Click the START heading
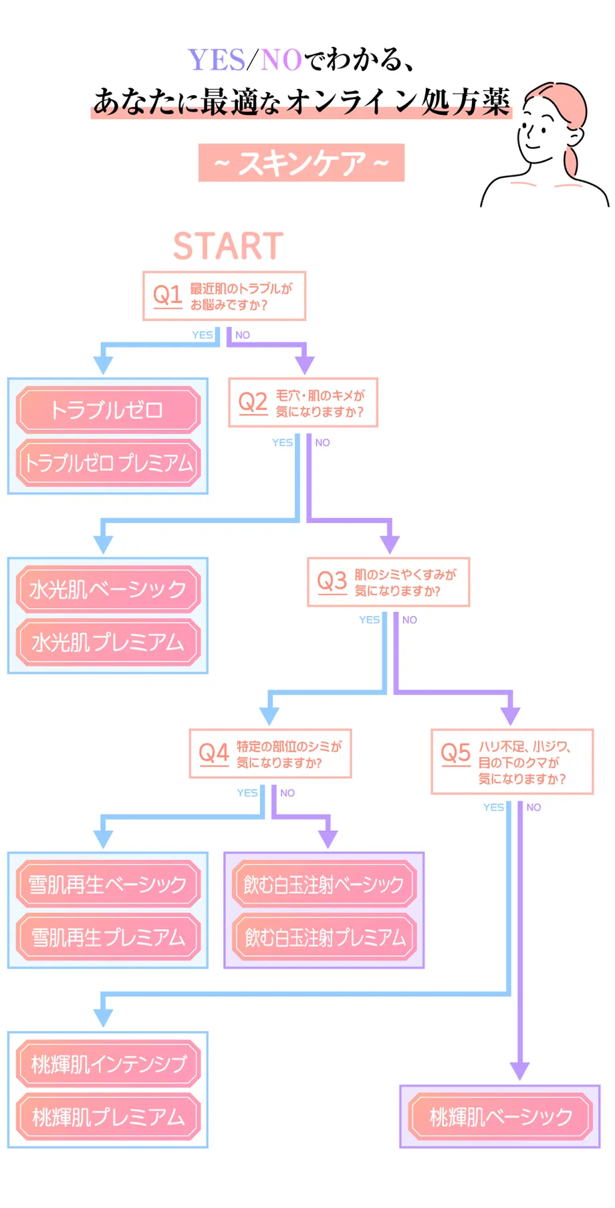pyautogui.click(x=228, y=246)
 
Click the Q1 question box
pyautogui.click(x=224, y=296)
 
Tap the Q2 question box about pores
pyautogui.click(x=303, y=403)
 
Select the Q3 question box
pyautogui.click(x=388, y=582)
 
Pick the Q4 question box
pyautogui.click(x=270, y=754)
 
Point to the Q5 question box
pyautogui.click(x=512, y=762)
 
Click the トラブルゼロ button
pyautogui.click(x=108, y=409)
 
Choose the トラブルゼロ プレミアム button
pyautogui.click(x=108, y=463)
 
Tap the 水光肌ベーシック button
pyautogui.click(x=108, y=589)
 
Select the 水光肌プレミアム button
pyautogui.click(x=108, y=642)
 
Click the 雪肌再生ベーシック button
pyautogui.click(x=108, y=884)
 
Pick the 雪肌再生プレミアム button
pyautogui.click(x=108, y=937)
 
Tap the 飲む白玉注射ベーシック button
pyautogui.click(x=324, y=884)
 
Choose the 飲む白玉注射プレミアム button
pyautogui.click(x=324, y=937)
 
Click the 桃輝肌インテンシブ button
pyautogui.click(x=108, y=1064)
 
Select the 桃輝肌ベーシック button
pyautogui.click(x=501, y=1116)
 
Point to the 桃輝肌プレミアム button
pyautogui.click(x=108, y=1116)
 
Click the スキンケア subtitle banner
pyautogui.click(x=301, y=163)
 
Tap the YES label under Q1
pyautogui.click(x=202, y=335)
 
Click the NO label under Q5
pyautogui.click(x=533, y=807)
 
